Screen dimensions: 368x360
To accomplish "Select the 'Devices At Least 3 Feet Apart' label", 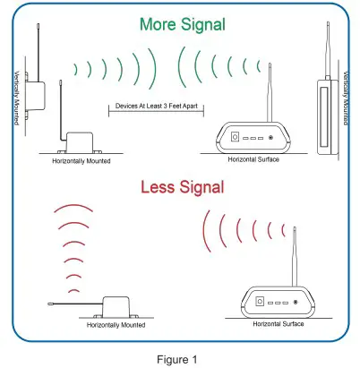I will (x=156, y=107).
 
